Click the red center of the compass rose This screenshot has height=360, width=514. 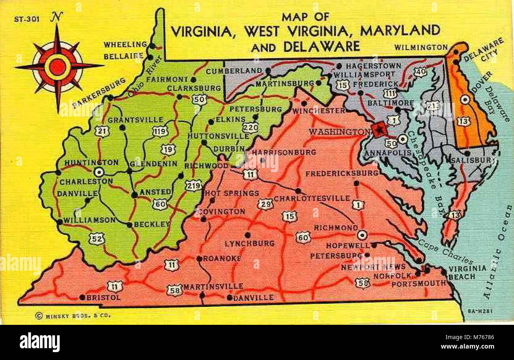tap(57, 67)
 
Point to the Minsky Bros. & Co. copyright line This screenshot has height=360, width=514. tap(73, 315)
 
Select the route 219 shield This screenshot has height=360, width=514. tap(193, 185)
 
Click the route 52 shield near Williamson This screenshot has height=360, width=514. tap(97, 238)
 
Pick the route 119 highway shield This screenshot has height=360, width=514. tap(160, 131)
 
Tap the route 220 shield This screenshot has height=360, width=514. tap(251, 127)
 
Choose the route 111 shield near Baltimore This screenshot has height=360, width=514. tap(391, 93)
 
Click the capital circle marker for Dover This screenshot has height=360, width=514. tap(465, 100)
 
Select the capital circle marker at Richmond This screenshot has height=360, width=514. tap(362, 235)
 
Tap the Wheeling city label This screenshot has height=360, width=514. tap(125, 44)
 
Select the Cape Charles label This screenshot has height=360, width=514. tap(445, 252)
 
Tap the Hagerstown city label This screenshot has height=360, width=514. tap(374, 66)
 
